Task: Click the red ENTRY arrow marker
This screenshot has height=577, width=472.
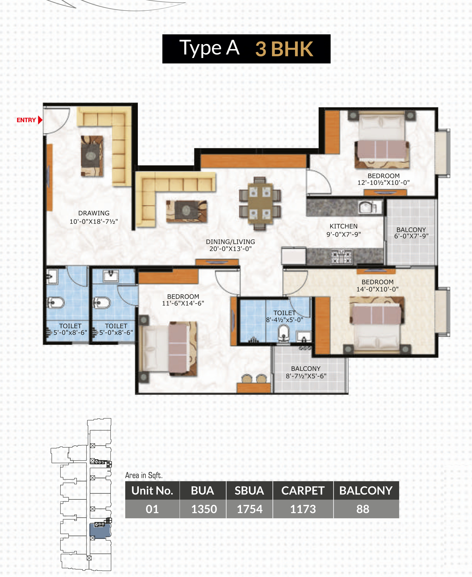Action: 40,120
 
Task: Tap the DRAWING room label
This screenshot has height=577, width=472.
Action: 94,213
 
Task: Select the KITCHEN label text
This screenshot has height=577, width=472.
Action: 343,226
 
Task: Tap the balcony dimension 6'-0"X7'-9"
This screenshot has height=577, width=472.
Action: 411,236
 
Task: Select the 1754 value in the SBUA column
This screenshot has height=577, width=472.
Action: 250,509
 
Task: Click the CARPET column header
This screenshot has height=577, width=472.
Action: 303,490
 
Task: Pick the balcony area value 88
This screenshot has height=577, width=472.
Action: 363,509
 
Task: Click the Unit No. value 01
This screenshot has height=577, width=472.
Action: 152,509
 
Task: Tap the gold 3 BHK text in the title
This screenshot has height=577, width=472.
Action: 284,49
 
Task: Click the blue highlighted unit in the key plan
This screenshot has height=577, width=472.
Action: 100,531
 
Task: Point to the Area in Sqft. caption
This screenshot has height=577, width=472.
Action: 144,475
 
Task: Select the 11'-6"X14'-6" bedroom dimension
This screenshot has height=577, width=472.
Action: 183,303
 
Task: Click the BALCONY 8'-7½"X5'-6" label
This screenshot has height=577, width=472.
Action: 306,372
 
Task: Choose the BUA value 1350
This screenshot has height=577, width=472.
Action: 204,509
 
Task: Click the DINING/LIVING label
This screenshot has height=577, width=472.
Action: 230,242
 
